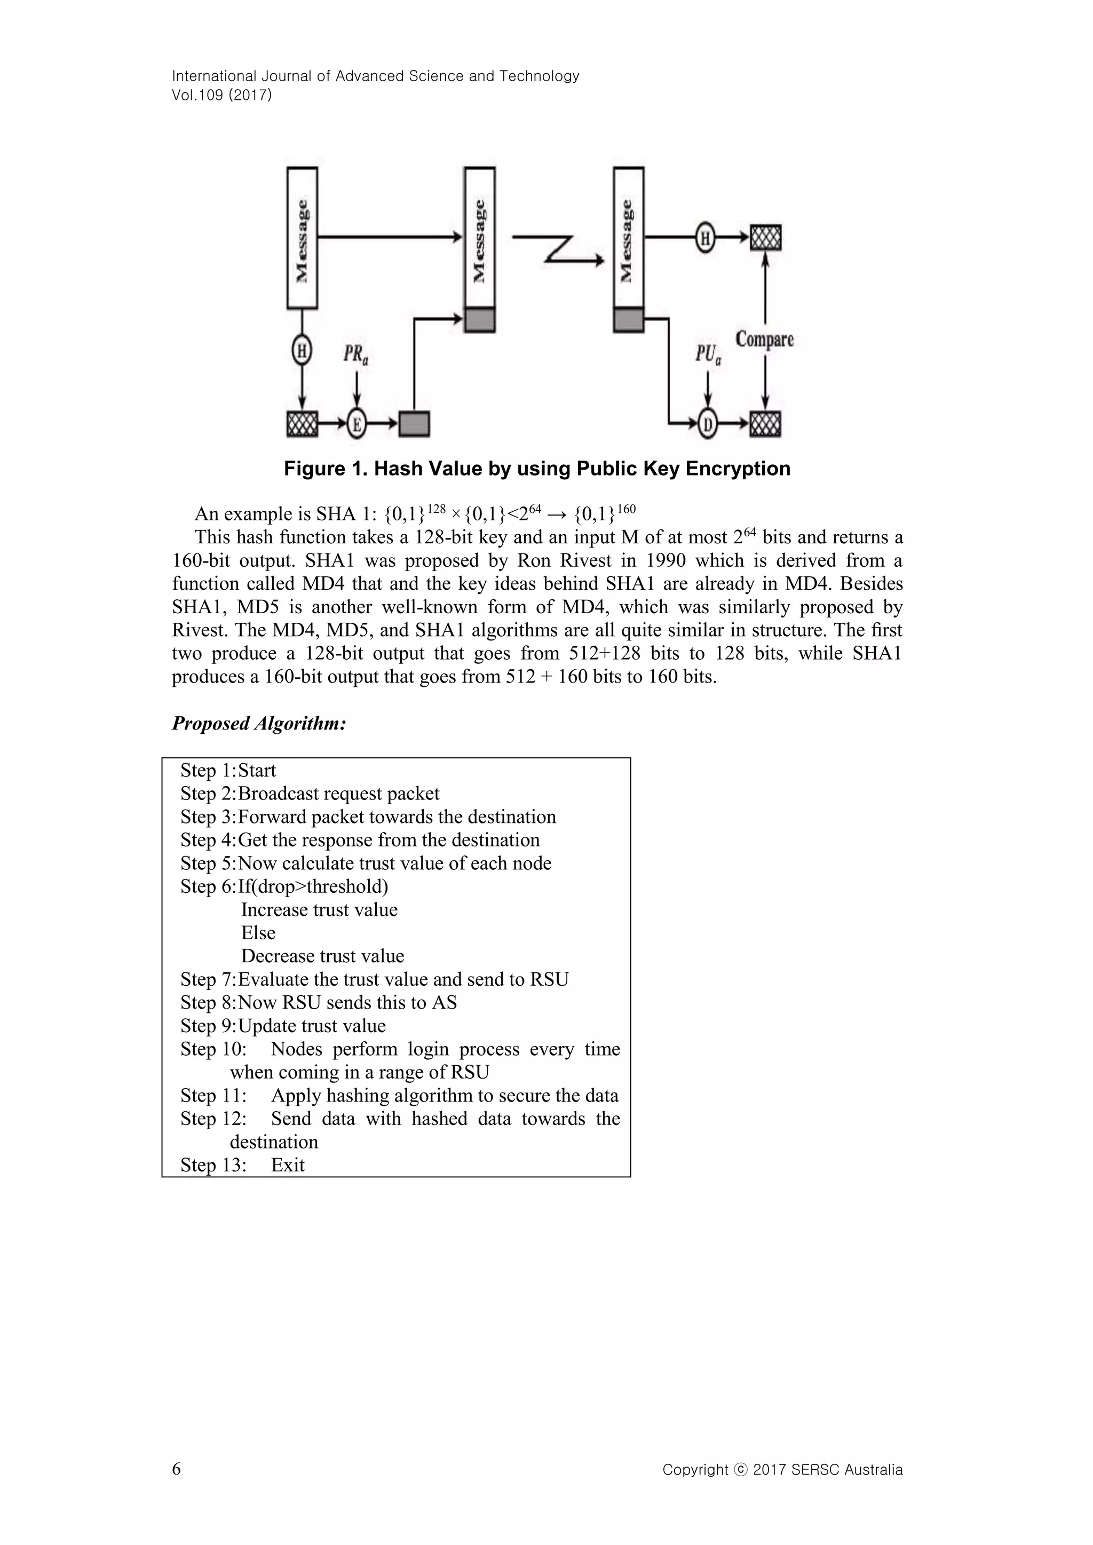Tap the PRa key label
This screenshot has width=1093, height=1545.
coord(355,354)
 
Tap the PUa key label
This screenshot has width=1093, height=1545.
coord(708,354)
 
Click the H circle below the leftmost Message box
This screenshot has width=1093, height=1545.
coord(302,351)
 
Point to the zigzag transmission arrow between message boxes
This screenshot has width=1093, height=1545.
coord(559,249)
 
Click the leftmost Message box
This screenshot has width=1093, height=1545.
coord(302,238)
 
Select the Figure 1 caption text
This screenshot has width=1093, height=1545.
coord(537,469)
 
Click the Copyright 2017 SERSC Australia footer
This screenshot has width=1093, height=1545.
coord(782,1470)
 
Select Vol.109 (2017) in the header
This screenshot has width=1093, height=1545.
coord(222,95)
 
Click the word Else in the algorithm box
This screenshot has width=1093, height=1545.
coord(258,933)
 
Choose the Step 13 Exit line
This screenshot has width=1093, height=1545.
coord(242,1165)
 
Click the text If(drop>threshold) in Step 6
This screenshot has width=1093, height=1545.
coord(313,886)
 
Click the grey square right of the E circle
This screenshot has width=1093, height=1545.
coord(414,424)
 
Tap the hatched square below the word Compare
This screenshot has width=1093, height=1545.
coord(765,424)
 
